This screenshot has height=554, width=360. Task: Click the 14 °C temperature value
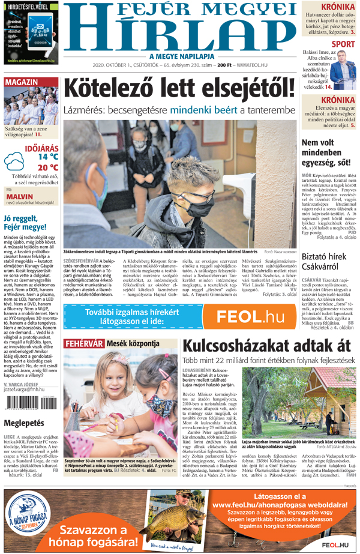pos(48,157)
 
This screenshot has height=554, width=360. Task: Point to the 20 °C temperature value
pos(48,168)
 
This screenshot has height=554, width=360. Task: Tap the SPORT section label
pos(343,44)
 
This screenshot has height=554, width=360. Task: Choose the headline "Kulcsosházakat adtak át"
pos(266,347)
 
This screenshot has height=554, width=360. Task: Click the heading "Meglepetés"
pos(25,423)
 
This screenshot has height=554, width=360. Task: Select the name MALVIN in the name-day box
pos(20,196)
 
